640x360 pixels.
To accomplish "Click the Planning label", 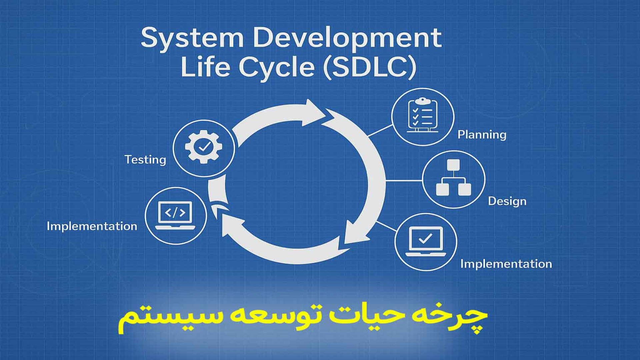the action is (482, 135).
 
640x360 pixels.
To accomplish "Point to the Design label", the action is (507, 201).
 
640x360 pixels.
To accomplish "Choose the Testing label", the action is (145, 160).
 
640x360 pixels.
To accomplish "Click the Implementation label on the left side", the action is (92, 226).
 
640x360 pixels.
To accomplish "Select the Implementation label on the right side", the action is (506, 264).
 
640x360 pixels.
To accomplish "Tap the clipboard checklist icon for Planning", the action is (422, 115).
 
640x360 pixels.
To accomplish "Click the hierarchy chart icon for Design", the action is (453, 178).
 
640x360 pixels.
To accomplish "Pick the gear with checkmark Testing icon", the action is (204, 147).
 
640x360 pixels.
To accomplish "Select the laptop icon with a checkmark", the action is (426, 241).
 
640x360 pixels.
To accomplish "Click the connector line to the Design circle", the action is (404, 181).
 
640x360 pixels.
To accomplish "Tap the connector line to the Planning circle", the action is (380, 131).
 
